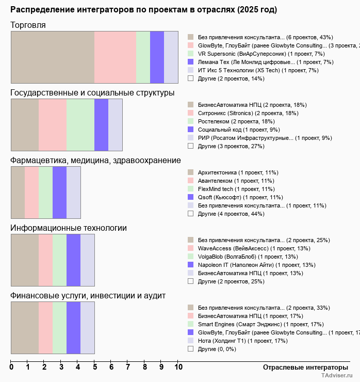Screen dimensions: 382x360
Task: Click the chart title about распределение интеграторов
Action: pos(143,10)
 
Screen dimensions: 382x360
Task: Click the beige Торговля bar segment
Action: pos(53,57)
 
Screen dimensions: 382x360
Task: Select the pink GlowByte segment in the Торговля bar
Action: pos(115,57)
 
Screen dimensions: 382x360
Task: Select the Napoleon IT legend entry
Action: pos(256,265)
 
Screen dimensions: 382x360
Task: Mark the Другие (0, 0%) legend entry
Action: pos(217,349)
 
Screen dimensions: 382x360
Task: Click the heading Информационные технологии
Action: pos(69,228)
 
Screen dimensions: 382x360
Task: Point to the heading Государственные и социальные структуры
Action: pos(92,93)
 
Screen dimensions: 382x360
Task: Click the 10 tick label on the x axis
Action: pos(178,368)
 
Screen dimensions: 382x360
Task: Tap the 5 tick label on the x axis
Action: pos(95,368)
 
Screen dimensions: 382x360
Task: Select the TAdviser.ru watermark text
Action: pos(337,376)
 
